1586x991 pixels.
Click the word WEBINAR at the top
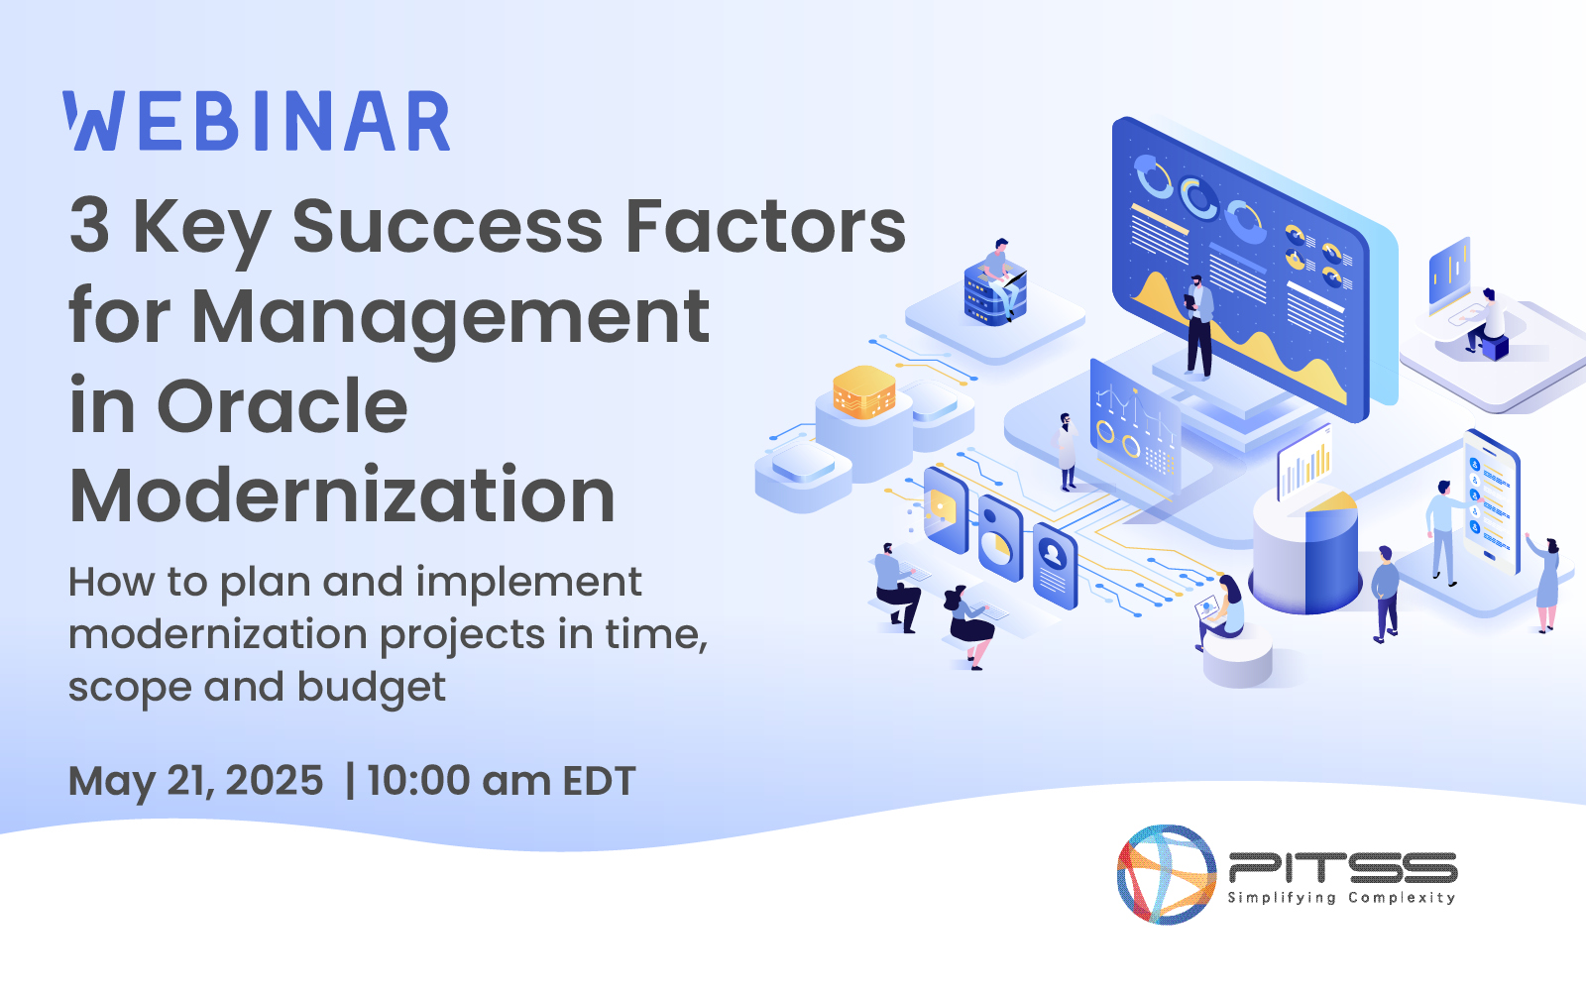[257, 121]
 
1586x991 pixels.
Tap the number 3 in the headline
[90, 226]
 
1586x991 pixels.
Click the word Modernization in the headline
[342, 495]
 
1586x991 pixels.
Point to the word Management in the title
[450, 318]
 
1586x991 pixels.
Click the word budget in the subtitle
[372, 688]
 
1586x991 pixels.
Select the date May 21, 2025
[195, 782]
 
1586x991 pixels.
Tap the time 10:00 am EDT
[502, 781]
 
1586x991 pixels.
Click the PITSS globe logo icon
[1166, 874]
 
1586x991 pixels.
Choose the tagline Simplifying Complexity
[1341, 898]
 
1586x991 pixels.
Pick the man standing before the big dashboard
[1198, 326]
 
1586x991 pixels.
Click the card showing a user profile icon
[1055, 565]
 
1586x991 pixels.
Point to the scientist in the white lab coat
[1067, 452]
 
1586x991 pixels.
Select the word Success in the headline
[447, 226]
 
